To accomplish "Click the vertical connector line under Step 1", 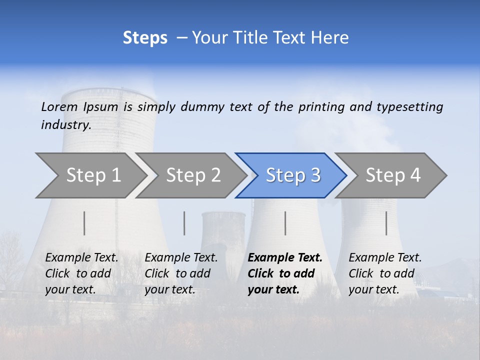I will pyautogui.click(x=84, y=223).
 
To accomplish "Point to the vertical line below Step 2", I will pyautogui.click(x=184, y=223).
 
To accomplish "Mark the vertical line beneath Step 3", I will pyautogui.click(x=285, y=223).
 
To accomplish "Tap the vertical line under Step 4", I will pyautogui.click(x=386, y=223).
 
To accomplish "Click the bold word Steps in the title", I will pyautogui.click(x=145, y=38).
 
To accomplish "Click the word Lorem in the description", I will pyautogui.click(x=59, y=106).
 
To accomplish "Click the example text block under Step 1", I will pyautogui.click(x=82, y=273).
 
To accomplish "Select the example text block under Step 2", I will pyautogui.click(x=181, y=273).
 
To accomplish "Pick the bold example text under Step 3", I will pyautogui.click(x=285, y=273).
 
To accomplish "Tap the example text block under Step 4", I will pyautogui.click(x=385, y=273).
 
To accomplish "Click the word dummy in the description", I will pyautogui.click(x=202, y=107).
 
